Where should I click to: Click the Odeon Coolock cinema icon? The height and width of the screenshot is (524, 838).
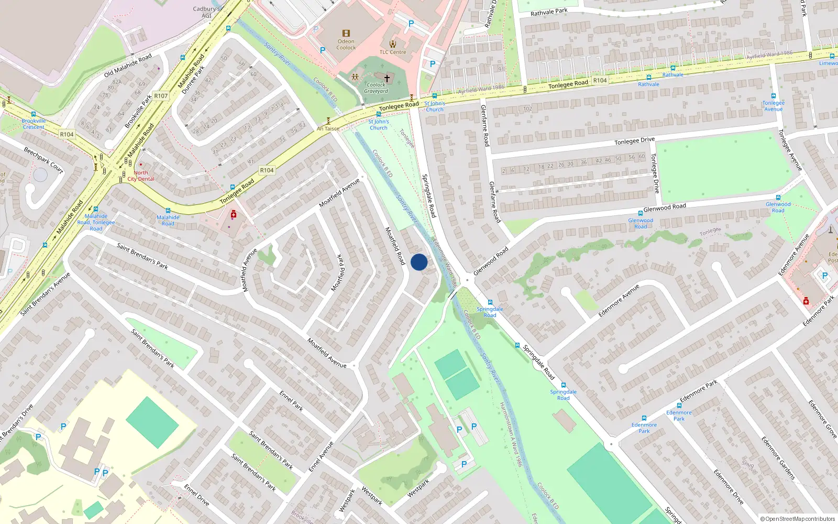346,33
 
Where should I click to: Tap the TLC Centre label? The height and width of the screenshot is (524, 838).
392,52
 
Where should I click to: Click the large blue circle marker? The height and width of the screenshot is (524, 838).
419,262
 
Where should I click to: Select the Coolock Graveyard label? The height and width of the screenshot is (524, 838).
376,88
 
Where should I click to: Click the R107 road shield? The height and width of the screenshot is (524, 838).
161,96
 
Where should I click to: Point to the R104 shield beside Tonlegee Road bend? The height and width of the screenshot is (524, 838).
267,170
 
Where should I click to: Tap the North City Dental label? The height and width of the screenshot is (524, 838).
141,176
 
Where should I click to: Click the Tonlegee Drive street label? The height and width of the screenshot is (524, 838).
634,141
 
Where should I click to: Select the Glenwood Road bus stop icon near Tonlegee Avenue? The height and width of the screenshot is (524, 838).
778,198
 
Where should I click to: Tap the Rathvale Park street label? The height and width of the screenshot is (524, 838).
548,12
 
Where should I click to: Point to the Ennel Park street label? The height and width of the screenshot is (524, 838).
291,400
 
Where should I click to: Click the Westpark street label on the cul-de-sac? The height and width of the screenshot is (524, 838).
418,488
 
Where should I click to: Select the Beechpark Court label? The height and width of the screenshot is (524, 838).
43,160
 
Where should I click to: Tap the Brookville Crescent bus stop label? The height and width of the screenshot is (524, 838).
34,124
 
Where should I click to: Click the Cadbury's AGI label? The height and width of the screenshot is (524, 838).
206,12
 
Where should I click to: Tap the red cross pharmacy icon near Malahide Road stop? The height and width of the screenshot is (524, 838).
234,214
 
